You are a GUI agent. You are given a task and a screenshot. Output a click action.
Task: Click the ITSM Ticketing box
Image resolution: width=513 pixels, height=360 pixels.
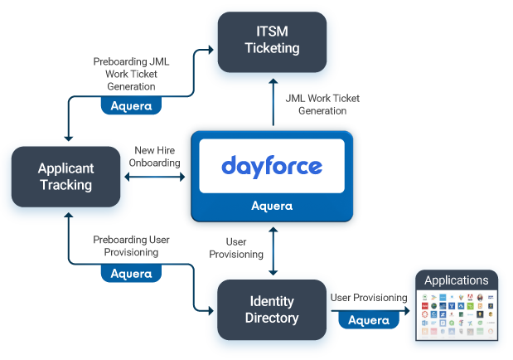(x=271, y=40)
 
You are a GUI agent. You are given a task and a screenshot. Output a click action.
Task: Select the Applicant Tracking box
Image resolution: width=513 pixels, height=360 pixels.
(x=65, y=177)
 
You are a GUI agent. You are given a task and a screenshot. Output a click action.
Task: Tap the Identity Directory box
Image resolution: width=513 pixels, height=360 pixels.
(x=273, y=309)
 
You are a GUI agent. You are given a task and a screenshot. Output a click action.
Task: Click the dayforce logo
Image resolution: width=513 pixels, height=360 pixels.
(x=271, y=166)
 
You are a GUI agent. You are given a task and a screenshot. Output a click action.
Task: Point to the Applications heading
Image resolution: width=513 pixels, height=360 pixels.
(x=457, y=280)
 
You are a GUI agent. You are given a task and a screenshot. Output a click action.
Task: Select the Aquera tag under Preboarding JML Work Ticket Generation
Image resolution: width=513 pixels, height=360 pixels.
(x=131, y=106)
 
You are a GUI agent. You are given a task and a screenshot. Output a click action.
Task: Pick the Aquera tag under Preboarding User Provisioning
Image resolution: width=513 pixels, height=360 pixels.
(x=131, y=273)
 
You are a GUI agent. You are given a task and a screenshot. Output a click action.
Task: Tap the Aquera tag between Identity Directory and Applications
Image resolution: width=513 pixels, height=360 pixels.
(x=369, y=320)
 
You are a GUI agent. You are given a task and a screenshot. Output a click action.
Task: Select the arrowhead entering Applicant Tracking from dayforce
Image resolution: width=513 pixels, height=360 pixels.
(x=128, y=163)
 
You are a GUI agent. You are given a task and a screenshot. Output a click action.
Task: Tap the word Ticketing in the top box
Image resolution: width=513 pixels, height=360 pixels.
(x=272, y=48)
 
